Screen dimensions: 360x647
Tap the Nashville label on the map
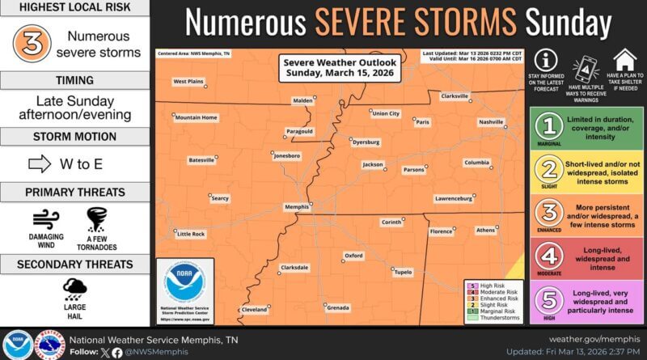490,122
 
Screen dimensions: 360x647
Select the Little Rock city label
190,234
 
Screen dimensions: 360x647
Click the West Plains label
188,82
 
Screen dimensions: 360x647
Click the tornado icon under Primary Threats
97,219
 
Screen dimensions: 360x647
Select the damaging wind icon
46,219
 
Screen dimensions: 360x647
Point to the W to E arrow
40,164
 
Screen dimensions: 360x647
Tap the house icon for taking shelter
624,60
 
